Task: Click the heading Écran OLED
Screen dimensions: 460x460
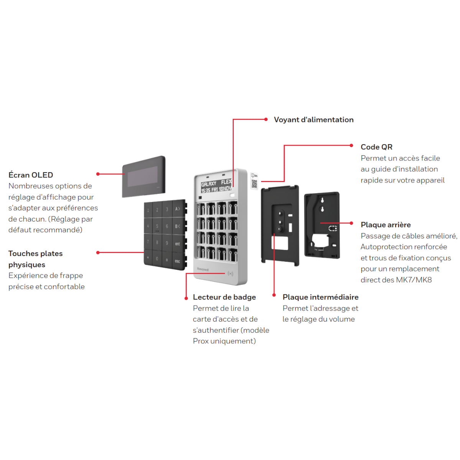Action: (x=31, y=175)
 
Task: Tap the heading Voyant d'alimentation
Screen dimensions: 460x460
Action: (x=314, y=120)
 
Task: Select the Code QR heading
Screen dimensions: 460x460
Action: (x=376, y=147)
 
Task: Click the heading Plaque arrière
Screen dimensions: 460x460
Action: (x=386, y=225)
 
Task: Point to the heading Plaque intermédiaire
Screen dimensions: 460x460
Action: (x=320, y=297)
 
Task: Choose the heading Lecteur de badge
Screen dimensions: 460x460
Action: (x=224, y=297)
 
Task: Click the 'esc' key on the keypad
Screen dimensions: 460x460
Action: (x=177, y=261)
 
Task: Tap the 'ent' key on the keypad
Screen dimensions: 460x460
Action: (x=177, y=244)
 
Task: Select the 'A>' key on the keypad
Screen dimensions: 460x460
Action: (x=177, y=209)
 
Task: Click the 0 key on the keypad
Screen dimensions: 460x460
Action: (x=157, y=258)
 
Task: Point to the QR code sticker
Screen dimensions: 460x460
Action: (x=254, y=181)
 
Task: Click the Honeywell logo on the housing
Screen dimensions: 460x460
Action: (x=203, y=269)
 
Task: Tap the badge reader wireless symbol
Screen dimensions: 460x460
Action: (x=230, y=273)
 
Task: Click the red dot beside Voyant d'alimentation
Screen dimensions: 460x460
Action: (x=266, y=119)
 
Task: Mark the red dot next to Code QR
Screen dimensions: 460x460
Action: (x=351, y=145)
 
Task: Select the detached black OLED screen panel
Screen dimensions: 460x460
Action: (x=144, y=177)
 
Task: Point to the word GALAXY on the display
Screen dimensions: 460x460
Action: (x=209, y=184)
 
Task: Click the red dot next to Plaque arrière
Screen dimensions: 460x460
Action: (x=351, y=223)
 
